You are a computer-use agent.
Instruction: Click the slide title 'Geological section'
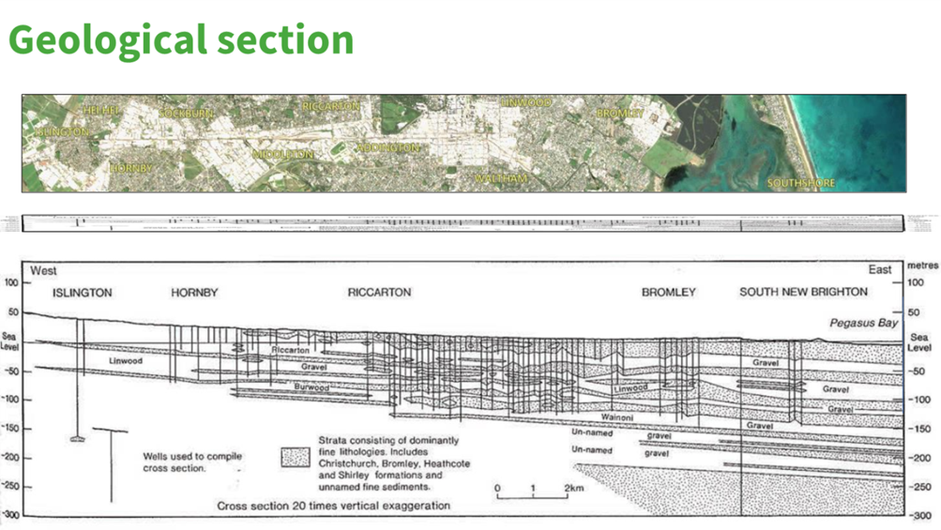coord(181,40)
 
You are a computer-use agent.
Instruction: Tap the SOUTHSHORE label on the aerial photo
coord(800,183)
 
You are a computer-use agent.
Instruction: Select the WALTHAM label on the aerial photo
coord(501,178)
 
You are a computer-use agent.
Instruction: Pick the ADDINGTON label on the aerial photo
coord(387,148)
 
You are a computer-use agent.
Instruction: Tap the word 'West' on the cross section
coord(44,271)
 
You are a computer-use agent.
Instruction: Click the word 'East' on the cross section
coord(880,270)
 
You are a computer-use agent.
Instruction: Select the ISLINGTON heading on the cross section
coord(83,293)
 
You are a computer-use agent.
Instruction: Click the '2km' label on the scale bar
coord(574,489)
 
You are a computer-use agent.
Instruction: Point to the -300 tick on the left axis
coord(12,516)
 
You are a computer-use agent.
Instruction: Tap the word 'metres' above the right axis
coord(923,266)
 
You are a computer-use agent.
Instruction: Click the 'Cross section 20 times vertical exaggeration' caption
coord(334,506)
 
